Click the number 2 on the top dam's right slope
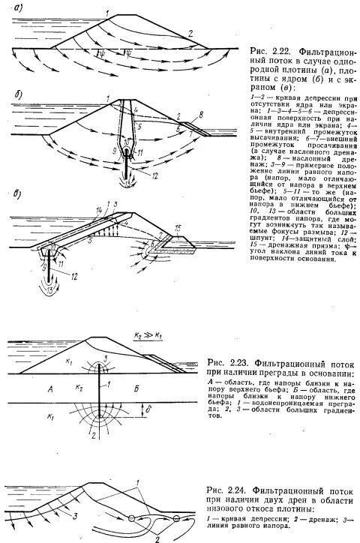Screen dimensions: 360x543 point(190,33)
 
